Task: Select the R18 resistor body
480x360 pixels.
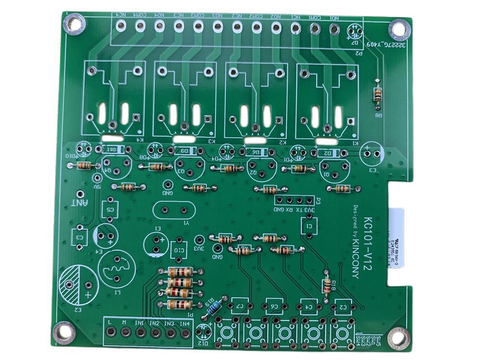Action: point(327,287)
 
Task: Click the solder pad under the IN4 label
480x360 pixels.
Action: point(184,332)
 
